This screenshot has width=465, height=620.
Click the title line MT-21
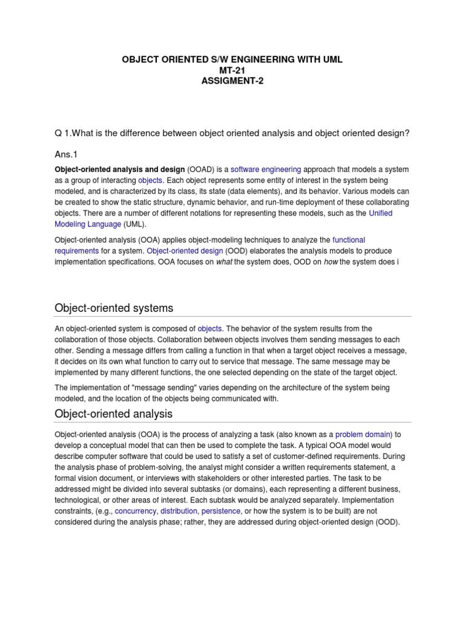coord(232,70)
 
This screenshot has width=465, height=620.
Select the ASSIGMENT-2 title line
coord(232,81)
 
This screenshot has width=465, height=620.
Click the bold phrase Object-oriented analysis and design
coord(119,170)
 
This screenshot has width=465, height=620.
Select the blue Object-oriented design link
coord(185,251)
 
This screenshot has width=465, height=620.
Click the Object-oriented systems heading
coord(114,308)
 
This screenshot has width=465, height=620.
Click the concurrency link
coord(136,512)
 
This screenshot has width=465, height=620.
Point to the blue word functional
coord(349,240)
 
